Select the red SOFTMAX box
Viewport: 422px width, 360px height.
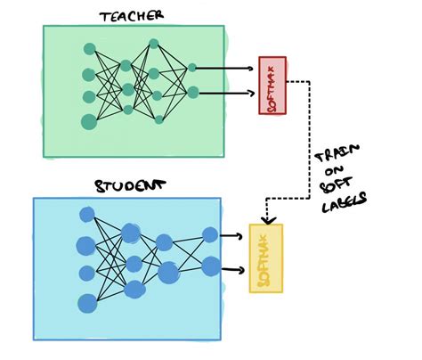coord(271,85)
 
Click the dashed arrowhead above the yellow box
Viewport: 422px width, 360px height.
coord(265,218)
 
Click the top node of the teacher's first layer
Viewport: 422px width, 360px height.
coord(89,50)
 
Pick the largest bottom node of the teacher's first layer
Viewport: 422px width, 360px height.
coord(89,120)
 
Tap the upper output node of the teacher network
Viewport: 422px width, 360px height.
coord(193,66)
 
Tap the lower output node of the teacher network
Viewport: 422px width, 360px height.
coord(193,91)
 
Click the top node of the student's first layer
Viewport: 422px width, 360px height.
coord(87,214)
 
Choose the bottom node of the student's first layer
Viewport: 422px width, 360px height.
coord(87,300)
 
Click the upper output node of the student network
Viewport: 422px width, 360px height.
coord(210,234)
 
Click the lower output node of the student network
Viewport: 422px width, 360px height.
coord(212,266)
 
